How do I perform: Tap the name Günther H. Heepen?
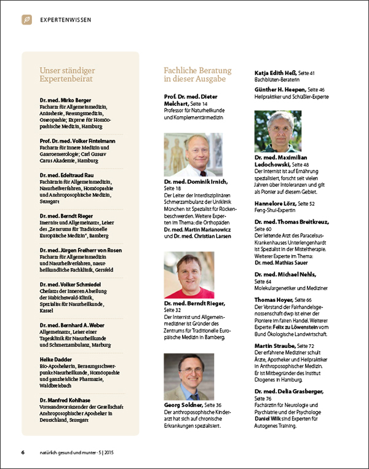click(x=281, y=90)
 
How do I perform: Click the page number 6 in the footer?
click(x=23, y=453)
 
